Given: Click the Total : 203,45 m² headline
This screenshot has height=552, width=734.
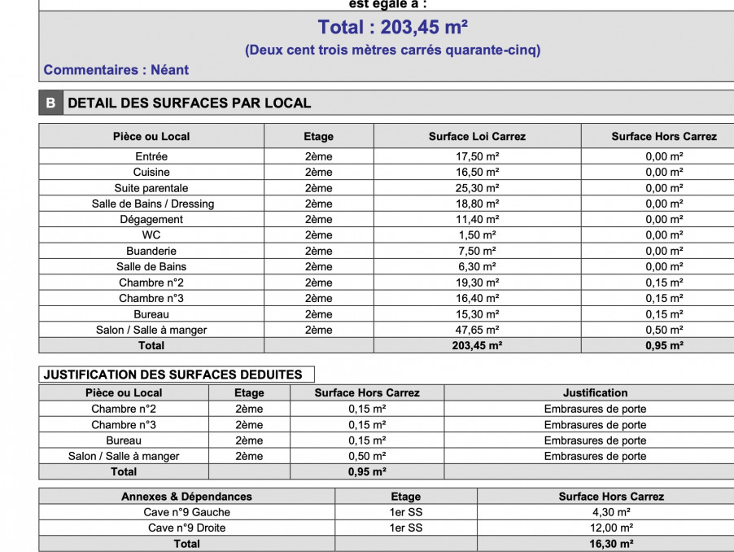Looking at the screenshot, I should [392, 28].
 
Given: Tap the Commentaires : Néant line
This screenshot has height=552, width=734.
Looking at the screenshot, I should [116, 70].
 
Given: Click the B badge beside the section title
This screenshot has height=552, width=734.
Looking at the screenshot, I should [50, 103].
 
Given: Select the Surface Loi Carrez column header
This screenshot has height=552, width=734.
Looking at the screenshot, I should [477, 137].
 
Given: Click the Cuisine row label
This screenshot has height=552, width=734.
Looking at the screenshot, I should [151, 173].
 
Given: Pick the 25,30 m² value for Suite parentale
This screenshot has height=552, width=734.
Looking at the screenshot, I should [477, 188].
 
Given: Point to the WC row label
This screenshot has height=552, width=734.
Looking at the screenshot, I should [151, 235].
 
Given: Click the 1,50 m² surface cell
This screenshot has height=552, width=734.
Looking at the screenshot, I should [477, 235].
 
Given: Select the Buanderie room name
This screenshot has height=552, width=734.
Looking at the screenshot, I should [151, 251].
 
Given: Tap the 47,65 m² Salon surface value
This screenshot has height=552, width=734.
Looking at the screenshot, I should [477, 330].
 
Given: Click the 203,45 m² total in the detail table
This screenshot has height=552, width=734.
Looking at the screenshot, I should [477, 345].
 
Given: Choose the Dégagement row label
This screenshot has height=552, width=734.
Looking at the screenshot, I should [151, 220].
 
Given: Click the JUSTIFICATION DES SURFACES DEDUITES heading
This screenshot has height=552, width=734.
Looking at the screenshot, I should [173, 375].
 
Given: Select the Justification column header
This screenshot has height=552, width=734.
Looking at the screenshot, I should [595, 392].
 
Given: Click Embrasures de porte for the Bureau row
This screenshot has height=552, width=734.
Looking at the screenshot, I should [595, 440].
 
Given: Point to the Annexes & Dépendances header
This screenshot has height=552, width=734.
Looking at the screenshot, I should [186, 497].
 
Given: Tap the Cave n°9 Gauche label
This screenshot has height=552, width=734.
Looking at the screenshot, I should [186, 512].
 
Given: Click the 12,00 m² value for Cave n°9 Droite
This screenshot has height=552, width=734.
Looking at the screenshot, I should [611, 528].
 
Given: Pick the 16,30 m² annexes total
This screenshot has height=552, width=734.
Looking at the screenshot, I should [611, 544].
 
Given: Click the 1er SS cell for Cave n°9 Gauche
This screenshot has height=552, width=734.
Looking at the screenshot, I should [405, 512].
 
